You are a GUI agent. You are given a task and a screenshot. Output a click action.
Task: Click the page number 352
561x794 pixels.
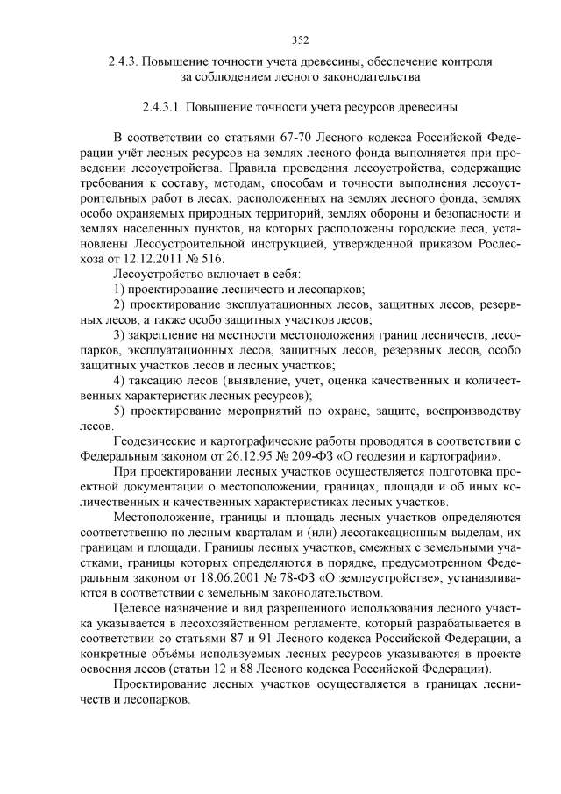coord(300,39)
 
